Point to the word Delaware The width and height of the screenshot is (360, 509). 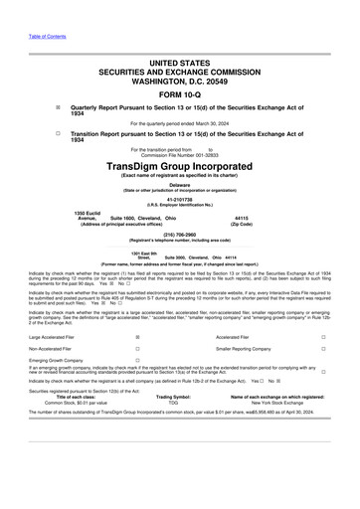point(180,185)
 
